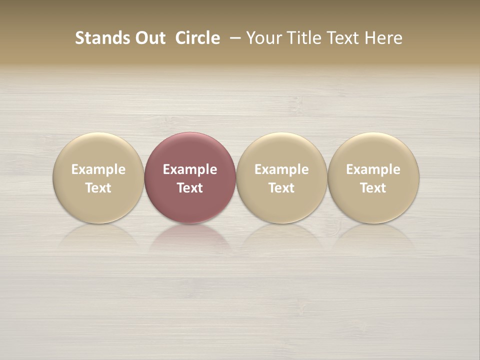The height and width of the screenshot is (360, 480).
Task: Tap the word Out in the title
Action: click(x=148, y=38)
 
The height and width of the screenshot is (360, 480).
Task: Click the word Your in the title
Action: click(x=263, y=38)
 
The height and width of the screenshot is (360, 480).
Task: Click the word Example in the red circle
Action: click(x=190, y=169)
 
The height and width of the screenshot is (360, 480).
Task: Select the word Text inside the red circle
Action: click(x=190, y=188)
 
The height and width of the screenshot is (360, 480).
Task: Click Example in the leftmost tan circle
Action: click(x=98, y=169)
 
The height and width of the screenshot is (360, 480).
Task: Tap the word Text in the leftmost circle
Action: click(x=98, y=188)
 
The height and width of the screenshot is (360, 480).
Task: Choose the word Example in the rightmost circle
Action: click(x=373, y=169)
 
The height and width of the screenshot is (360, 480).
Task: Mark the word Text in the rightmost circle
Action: click(x=373, y=188)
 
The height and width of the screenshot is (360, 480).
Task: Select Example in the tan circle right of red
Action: click(x=281, y=169)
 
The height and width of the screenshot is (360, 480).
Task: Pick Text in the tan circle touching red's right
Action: click(x=281, y=188)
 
